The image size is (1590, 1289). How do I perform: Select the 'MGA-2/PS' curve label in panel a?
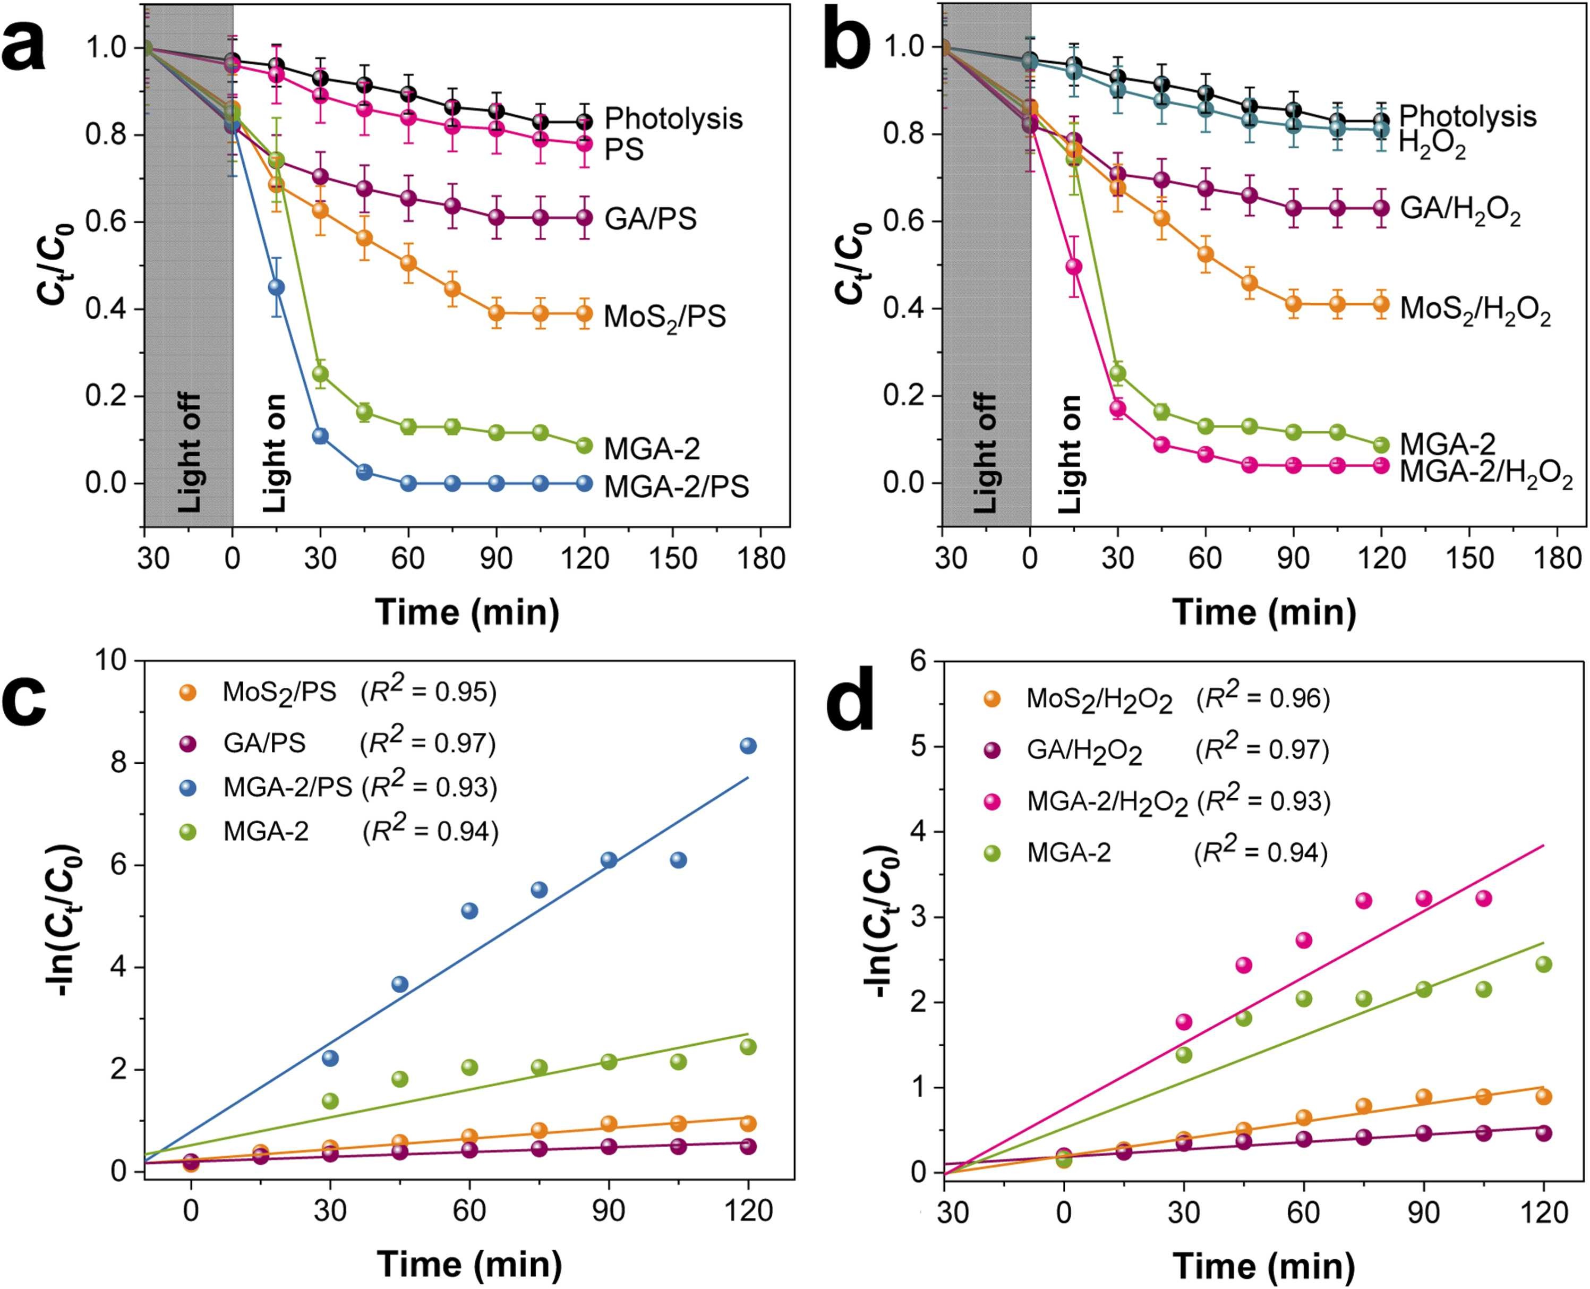676,487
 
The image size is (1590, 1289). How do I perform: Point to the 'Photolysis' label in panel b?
1467,116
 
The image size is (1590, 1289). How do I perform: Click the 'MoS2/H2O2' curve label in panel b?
1475,310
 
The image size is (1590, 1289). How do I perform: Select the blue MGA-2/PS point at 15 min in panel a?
276,287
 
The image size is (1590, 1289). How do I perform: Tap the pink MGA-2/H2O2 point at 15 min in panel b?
1073,267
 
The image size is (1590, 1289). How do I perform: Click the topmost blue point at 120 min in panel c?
748,746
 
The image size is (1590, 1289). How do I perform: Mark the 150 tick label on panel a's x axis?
672,558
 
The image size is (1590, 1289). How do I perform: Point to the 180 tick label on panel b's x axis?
1557,558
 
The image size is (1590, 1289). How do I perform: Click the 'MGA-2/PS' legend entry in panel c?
287,788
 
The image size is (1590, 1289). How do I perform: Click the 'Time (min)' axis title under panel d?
1264,1265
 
